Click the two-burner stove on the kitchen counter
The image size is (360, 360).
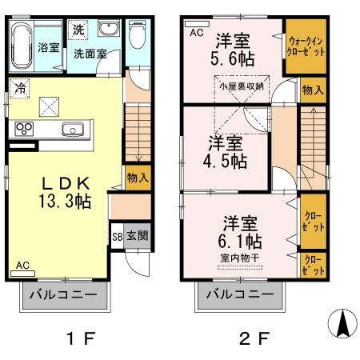(23, 129)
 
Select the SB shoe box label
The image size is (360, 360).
(118, 237)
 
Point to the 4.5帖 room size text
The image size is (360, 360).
(228, 160)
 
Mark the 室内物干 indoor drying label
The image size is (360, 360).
(238, 258)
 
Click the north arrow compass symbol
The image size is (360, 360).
(342, 322)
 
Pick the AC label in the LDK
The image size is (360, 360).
(23, 265)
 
